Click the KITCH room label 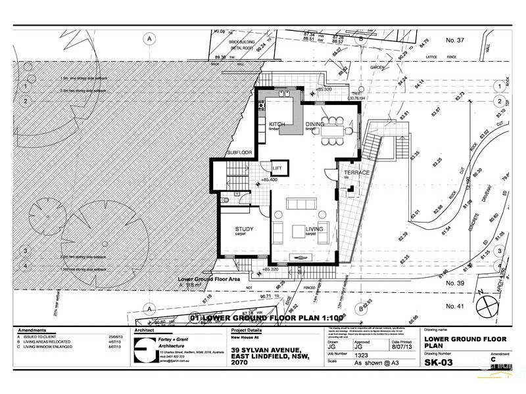point(276,124)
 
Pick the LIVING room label point(316,229)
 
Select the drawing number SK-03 point(441,362)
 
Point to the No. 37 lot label point(455,41)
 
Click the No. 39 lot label point(456,283)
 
